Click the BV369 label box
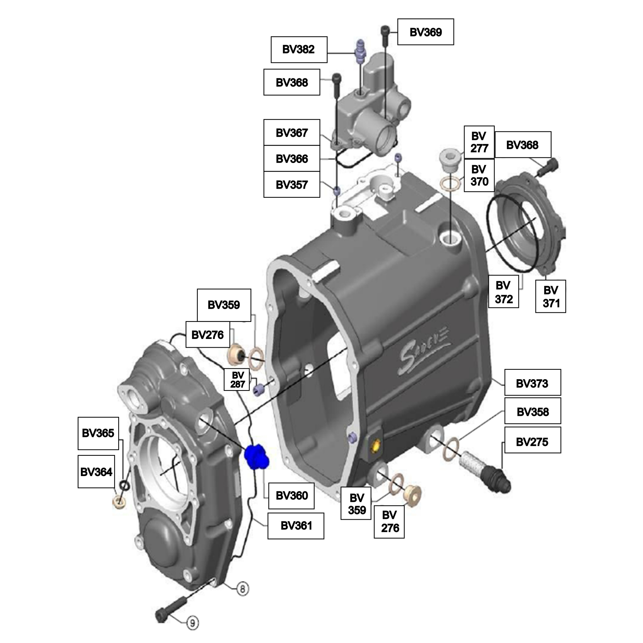425,32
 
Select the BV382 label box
299,49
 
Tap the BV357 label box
292,184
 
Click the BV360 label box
291,496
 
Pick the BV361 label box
296,525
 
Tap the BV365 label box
98,433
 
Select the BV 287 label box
237,380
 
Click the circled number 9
192,623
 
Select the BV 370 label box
479,175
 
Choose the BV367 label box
292,132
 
